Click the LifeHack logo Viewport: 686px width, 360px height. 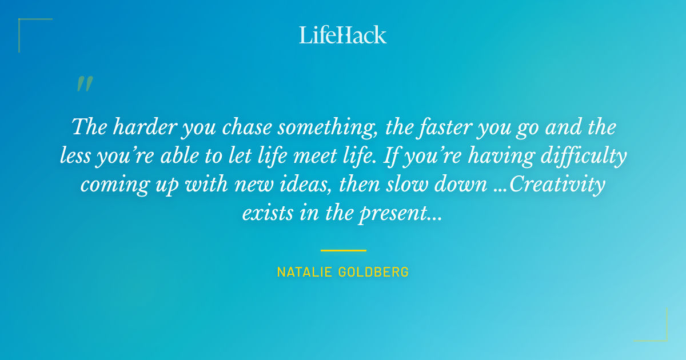point(343,35)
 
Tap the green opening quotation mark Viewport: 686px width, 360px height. point(85,84)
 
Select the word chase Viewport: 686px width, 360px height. point(242,127)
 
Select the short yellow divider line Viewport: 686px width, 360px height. point(343,250)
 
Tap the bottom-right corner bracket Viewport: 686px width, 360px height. point(657,331)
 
